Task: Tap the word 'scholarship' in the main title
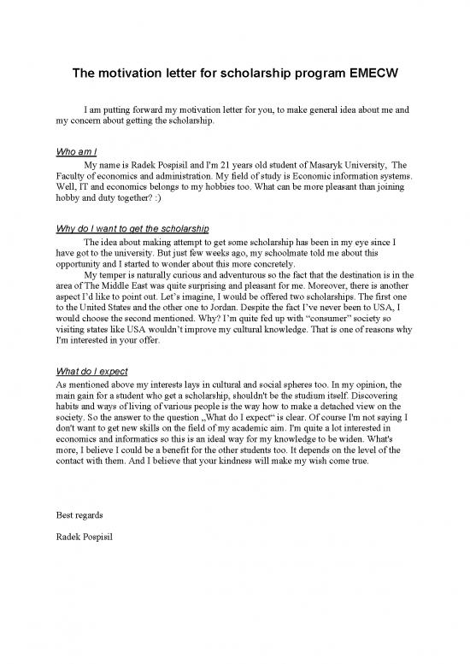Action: (x=259, y=73)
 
